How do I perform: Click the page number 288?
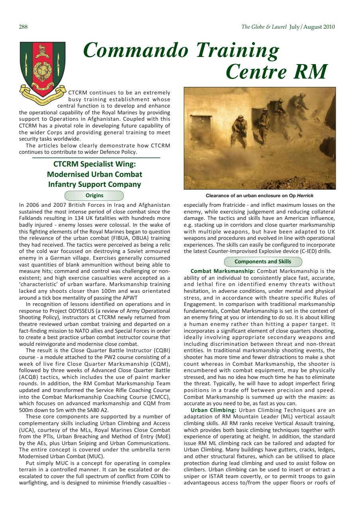click(23, 27)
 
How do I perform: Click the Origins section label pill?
click(94, 196)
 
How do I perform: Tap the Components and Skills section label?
click(263, 262)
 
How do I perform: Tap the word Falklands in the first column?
click(31, 219)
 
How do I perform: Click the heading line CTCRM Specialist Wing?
click(94, 164)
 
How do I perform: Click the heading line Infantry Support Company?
click(94, 184)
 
